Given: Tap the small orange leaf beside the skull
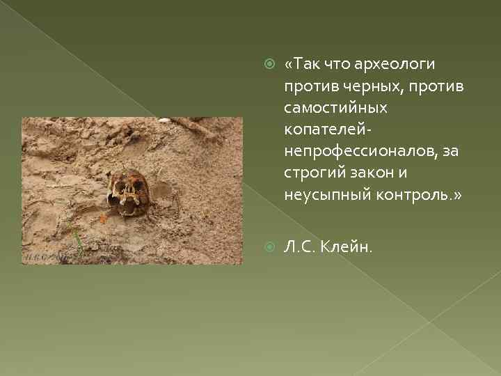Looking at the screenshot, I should coord(104,217).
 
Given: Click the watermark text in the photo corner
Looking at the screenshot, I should coord(45,258).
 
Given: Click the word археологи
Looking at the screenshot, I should coord(395,65).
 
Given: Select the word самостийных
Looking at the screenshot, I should coord(335,108).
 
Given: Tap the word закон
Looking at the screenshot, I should coord(374,173).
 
